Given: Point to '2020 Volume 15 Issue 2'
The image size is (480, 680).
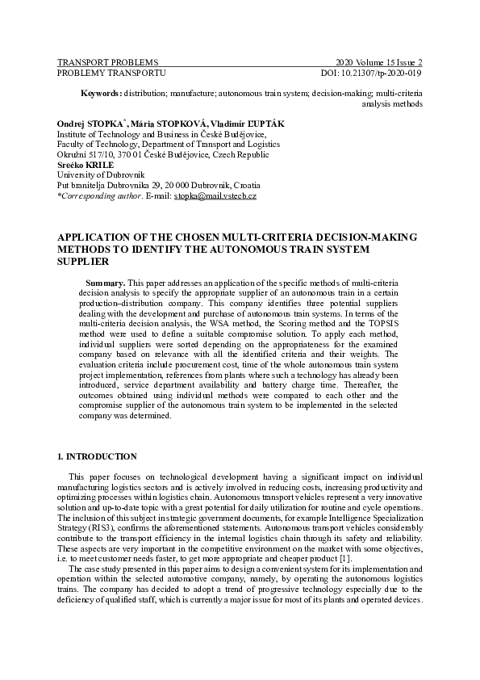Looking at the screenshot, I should pos(378,62).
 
